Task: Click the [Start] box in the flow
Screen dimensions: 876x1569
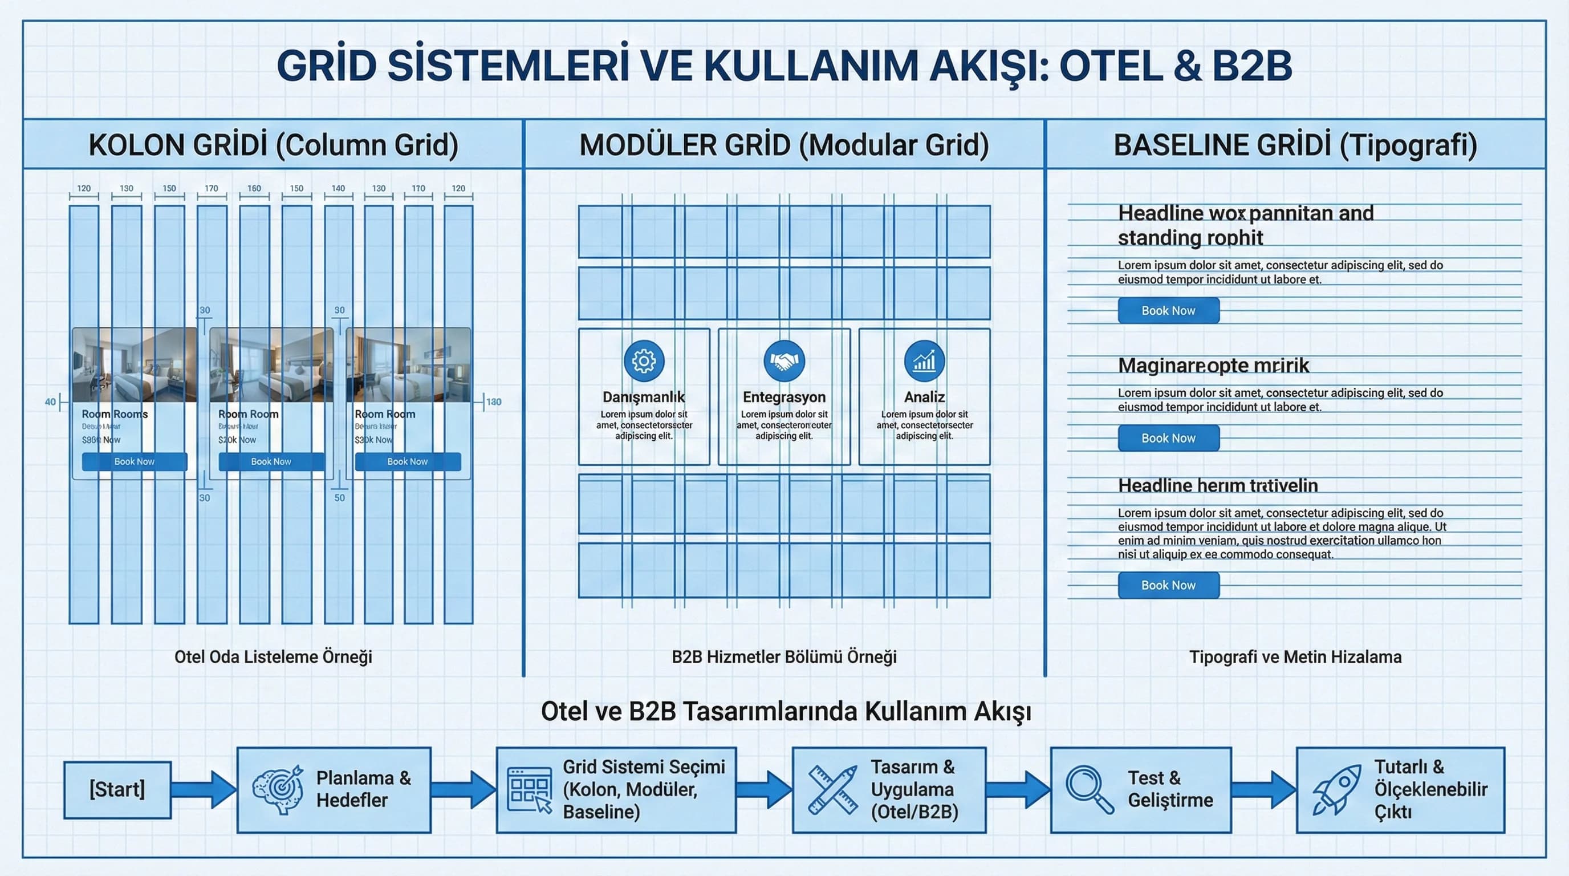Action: (117, 789)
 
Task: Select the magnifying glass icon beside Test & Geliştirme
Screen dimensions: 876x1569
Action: (1089, 789)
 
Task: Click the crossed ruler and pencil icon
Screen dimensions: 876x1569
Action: (832, 790)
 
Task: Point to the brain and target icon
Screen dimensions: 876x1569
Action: (278, 789)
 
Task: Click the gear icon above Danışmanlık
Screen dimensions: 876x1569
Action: (644, 360)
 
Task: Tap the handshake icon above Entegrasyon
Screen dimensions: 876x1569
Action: (784, 360)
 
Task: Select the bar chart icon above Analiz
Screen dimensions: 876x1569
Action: (924, 360)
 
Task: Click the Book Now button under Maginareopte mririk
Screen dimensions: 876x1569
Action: (1168, 438)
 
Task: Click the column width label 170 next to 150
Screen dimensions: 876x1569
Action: (212, 188)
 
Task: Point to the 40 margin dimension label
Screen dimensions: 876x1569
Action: (50, 401)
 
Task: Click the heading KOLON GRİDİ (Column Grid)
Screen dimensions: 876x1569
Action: (274, 145)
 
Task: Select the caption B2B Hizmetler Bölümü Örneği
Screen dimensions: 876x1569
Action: (784, 656)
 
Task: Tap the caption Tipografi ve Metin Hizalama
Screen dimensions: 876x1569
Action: (1295, 656)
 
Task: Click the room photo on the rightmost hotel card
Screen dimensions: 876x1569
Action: (408, 365)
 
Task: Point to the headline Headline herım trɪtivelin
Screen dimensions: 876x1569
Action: (1218, 485)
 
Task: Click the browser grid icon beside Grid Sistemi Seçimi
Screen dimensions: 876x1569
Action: (529, 790)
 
